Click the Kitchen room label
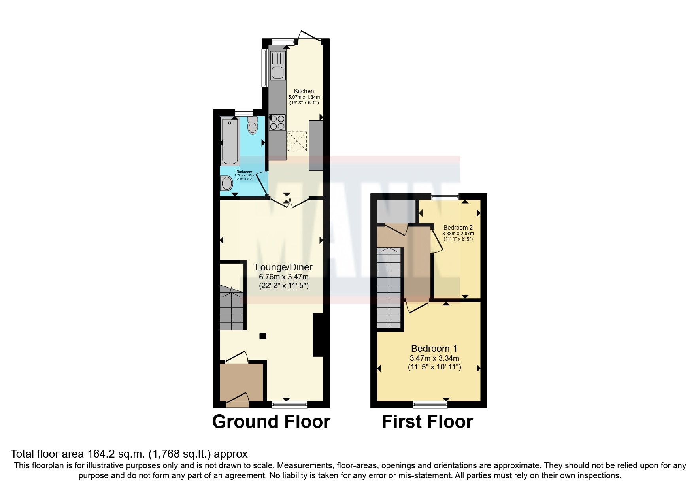click(x=304, y=91)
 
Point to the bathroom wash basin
click(x=226, y=184)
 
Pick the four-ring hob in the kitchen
click(x=277, y=122)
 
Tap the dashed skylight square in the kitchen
click(x=297, y=141)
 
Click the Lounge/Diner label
click(x=283, y=268)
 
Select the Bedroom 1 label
click(x=434, y=349)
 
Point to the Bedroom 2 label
click(x=458, y=228)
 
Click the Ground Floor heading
click(x=271, y=422)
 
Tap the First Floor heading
click(x=427, y=422)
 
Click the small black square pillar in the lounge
click(x=262, y=336)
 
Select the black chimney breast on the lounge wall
click(x=318, y=335)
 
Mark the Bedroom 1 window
click(x=430, y=404)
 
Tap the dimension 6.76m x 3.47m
click(x=283, y=277)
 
